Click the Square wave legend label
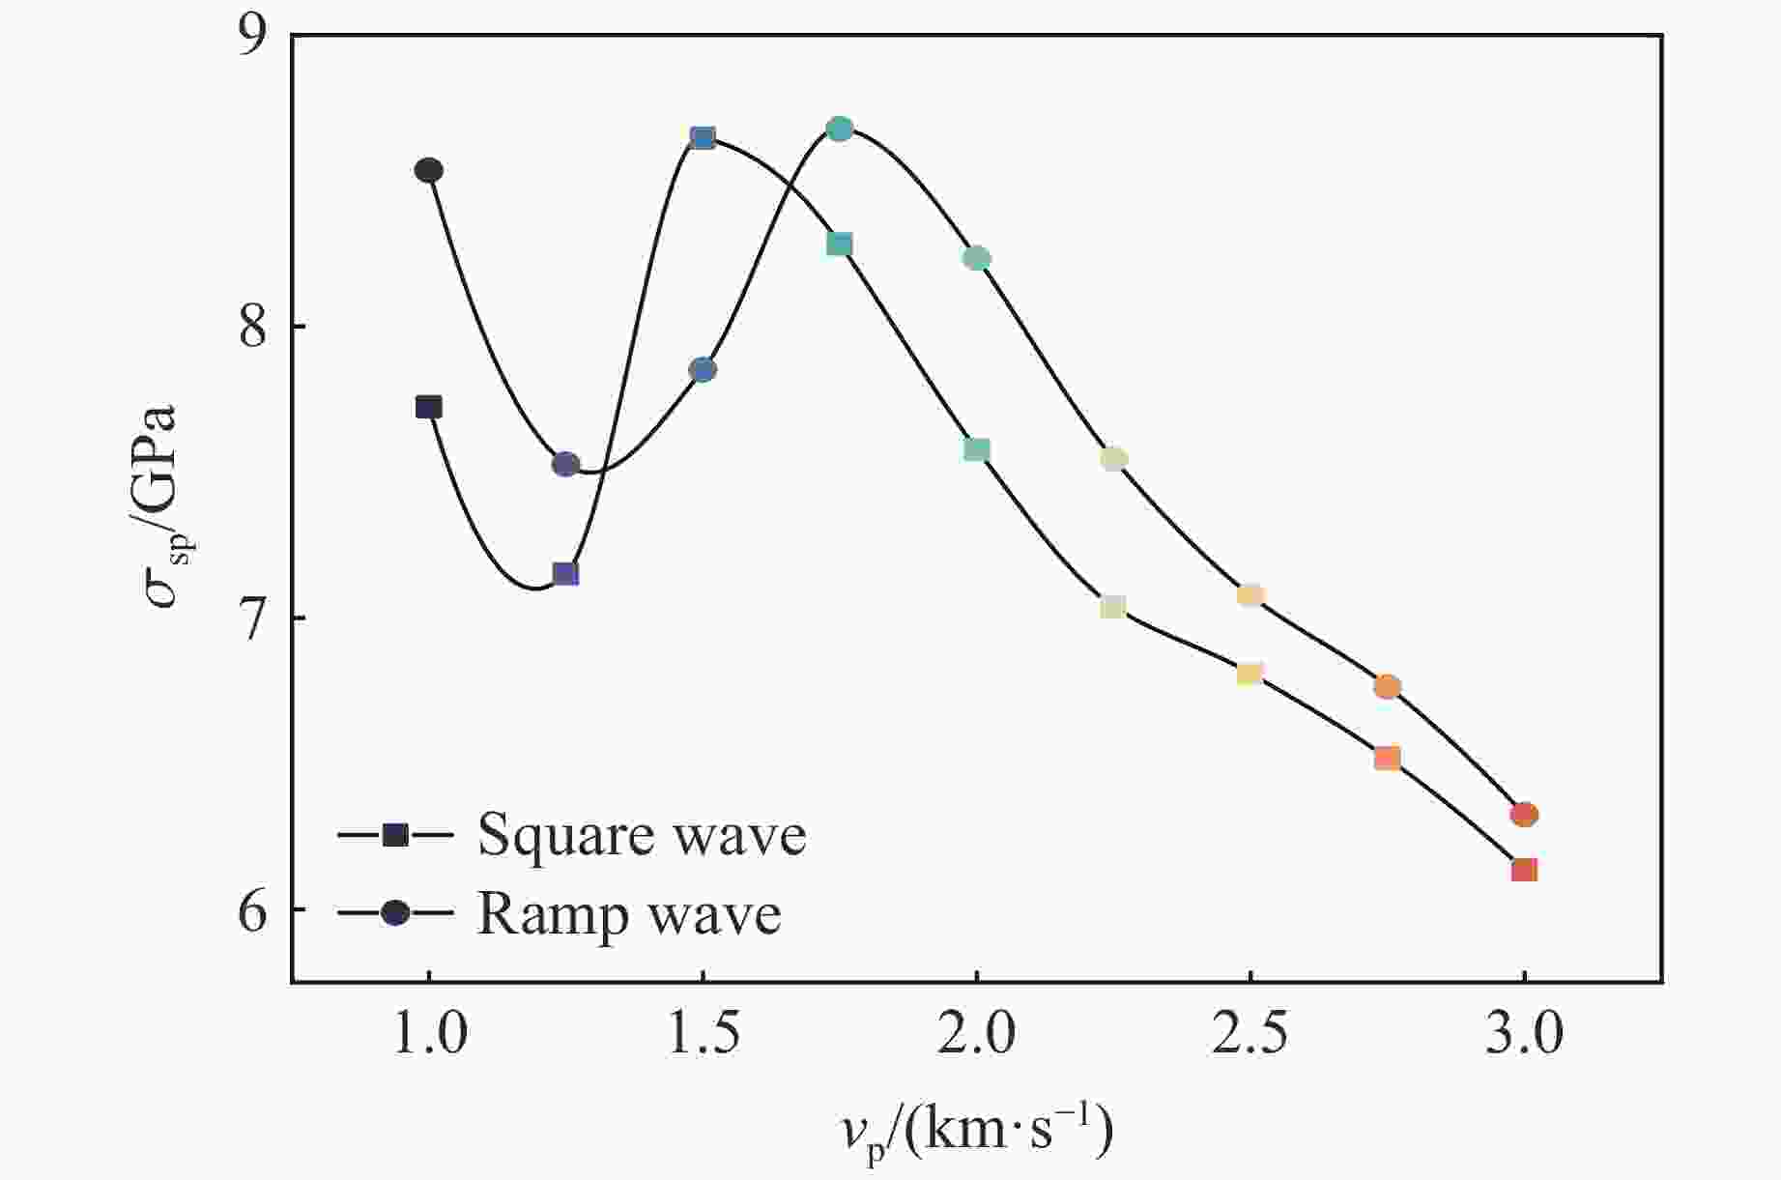pyautogui.click(x=642, y=835)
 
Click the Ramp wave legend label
pyautogui.click(x=629, y=913)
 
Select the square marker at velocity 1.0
pyautogui.click(x=429, y=407)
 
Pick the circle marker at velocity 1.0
pyautogui.click(x=429, y=171)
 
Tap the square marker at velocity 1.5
pyautogui.click(x=703, y=138)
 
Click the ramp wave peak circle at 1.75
pyautogui.click(x=840, y=130)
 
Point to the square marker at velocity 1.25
pyautogui.click(x=565, y=574)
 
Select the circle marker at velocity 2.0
pyautogui.click(x=977, y=258)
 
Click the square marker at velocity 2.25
pyautogui.click(x=1113, y=607)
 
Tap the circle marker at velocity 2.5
pyautogui.click(x=1250, y=595)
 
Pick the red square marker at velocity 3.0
pyautogui.click(x=1524, y=870)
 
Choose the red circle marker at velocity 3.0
pyautogui.click(x=1524, y=815)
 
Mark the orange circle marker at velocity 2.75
pyautogui.click(x=1387, y=687)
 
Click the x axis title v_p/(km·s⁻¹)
pyautogui.click(x=976, y=1131)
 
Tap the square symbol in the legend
pyautogui.click(x=395, y=835)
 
